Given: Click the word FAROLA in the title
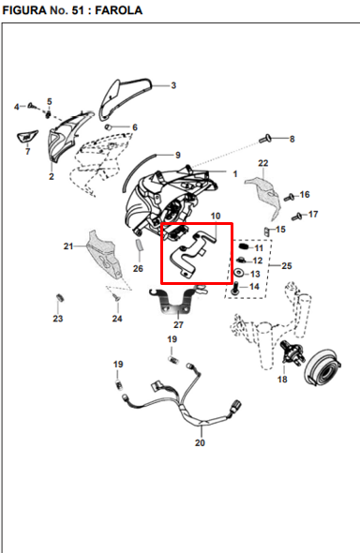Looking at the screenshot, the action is pos(119,10).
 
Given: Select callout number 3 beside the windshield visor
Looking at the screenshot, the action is pos(173,85).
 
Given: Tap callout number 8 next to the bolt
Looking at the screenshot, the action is pos(292,139).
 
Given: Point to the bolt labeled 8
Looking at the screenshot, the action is pos(264,139).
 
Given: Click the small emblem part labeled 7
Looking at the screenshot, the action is pos(27,136).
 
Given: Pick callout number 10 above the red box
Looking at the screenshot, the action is pos(216,216).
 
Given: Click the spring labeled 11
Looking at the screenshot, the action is pos(242,247).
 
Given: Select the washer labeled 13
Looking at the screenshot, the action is pos(239,273).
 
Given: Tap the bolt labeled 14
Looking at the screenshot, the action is pos(234,288).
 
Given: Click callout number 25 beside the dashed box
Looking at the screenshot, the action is pos(287,265).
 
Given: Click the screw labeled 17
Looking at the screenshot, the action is pos(297,216).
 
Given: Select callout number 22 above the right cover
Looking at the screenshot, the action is pos(263,163).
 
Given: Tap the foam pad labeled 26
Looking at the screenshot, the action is pos(139,246).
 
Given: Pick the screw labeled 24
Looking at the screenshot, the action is pos(116,298).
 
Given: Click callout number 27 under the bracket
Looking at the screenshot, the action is pos(178,325).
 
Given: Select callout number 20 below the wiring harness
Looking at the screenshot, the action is pos(200,442).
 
